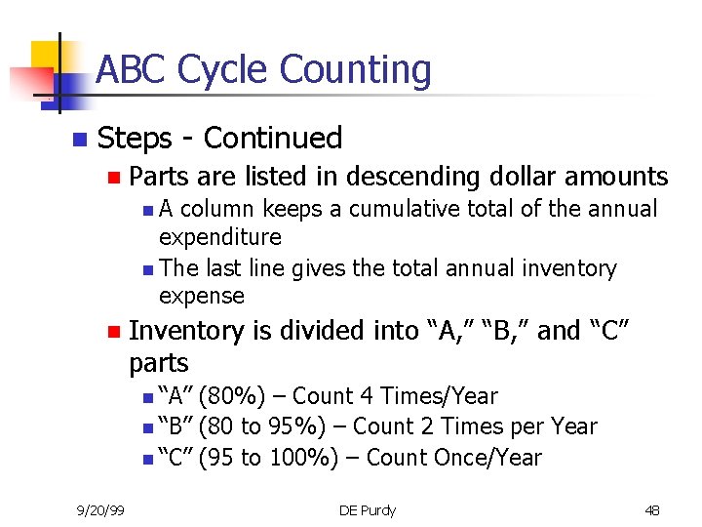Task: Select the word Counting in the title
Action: [x=355, y=70]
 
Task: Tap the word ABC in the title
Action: [x=133, y=70]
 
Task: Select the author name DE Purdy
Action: [x=368, y=510]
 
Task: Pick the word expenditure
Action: [x=219, y=237]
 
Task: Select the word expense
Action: [x=201, y=296]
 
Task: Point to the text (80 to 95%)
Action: [x=264, y=426]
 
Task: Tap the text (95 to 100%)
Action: [x=270, y=457]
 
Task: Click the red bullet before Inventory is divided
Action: [x=113, y=332]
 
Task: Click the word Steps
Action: [x=138, y=139]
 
